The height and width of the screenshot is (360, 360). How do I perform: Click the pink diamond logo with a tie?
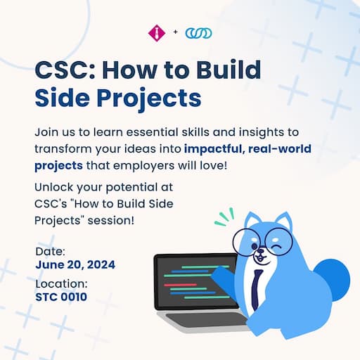tap(157, 33)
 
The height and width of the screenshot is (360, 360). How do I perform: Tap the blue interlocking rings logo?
tap(198, 33)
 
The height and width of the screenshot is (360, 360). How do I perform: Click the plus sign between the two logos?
tap(175, 32)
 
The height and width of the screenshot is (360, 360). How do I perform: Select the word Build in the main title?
tap(229, 70)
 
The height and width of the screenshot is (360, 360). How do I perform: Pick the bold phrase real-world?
tap(280, 148)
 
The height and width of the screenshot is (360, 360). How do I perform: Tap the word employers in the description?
tap(144, 166)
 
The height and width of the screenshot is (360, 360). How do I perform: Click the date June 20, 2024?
tap(75, 265)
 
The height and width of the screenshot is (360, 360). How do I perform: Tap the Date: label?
tap(50, 252)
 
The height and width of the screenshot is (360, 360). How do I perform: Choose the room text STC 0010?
tap(61, 297)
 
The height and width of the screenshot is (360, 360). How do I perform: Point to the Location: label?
tap(61, 283)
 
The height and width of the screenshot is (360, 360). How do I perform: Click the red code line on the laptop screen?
tap(180, 285)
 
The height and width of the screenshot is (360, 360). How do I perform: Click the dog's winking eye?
tap(278, 247)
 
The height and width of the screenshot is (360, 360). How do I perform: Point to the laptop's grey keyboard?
tap(206, 319)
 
